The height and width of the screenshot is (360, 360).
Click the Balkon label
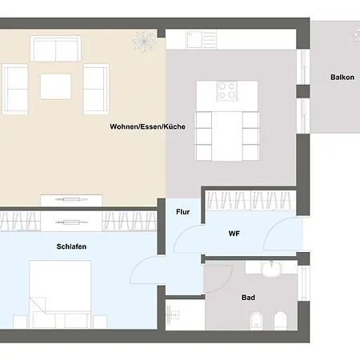click(342, 78)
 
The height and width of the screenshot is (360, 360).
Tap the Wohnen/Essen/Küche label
click(147, 126)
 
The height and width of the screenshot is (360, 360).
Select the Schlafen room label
click(71, 246)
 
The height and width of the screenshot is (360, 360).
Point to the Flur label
click(183, 212)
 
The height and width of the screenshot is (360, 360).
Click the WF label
click(234, 234)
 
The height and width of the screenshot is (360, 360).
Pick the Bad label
click(248, 298)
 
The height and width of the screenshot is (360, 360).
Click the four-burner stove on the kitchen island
click(227, 90)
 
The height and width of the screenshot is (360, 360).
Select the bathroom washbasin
click(271, 269)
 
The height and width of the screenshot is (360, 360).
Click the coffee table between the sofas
click(56, 86)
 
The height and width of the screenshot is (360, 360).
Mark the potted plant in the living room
click(144, 42)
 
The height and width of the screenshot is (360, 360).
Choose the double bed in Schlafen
click(60, 294)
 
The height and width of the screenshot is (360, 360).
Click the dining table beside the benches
click(227, 136)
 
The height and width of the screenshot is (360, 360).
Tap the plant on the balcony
click(356, 34)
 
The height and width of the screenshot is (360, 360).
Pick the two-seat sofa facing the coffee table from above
click(55, 49)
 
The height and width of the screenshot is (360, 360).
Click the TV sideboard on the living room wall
click(71, 200)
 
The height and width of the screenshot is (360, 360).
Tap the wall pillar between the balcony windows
click(303, 91)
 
